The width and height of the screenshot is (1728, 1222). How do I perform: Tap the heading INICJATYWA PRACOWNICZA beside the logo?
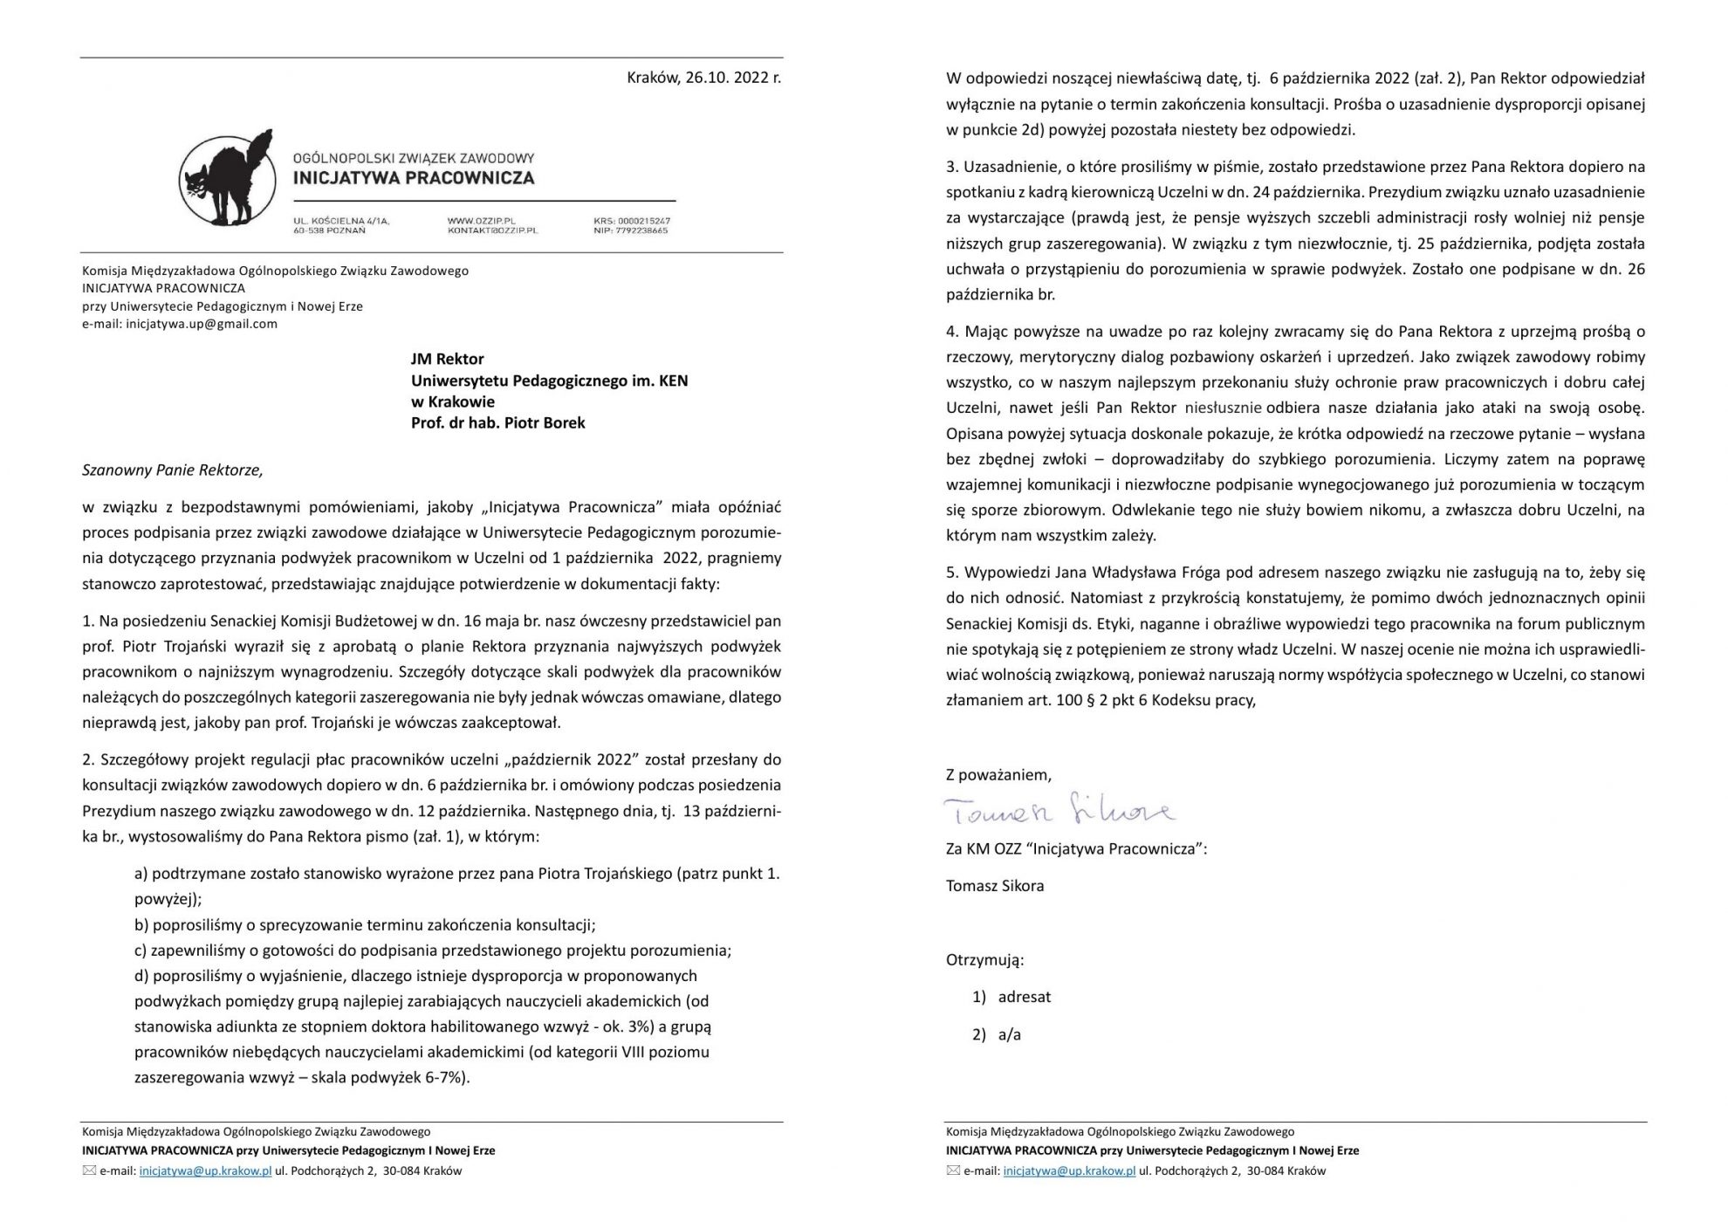click(413, 178)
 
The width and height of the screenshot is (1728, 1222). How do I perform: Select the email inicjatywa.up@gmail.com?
click(202, 324)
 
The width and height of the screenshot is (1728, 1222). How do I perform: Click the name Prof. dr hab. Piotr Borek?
click(497, 423)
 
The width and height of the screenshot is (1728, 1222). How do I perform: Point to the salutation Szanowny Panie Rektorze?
click(172, 470)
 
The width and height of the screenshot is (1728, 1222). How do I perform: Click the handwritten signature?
click(1060, 812)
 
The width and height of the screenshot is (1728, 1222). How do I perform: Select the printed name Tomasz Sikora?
click(995, 886)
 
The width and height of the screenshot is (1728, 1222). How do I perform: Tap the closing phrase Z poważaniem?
click(998, 774)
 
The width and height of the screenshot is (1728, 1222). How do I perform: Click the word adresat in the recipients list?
click(1024, 997)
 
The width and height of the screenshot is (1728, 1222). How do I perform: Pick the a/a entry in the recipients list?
click(1009, 1035)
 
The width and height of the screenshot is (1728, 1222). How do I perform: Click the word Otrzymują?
click(984, 960)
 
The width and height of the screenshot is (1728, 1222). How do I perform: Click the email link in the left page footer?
click(205, 1171)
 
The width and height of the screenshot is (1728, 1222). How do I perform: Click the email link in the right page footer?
click(1069, 1171)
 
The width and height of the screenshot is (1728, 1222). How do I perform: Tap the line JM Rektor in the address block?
click(447, 359)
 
